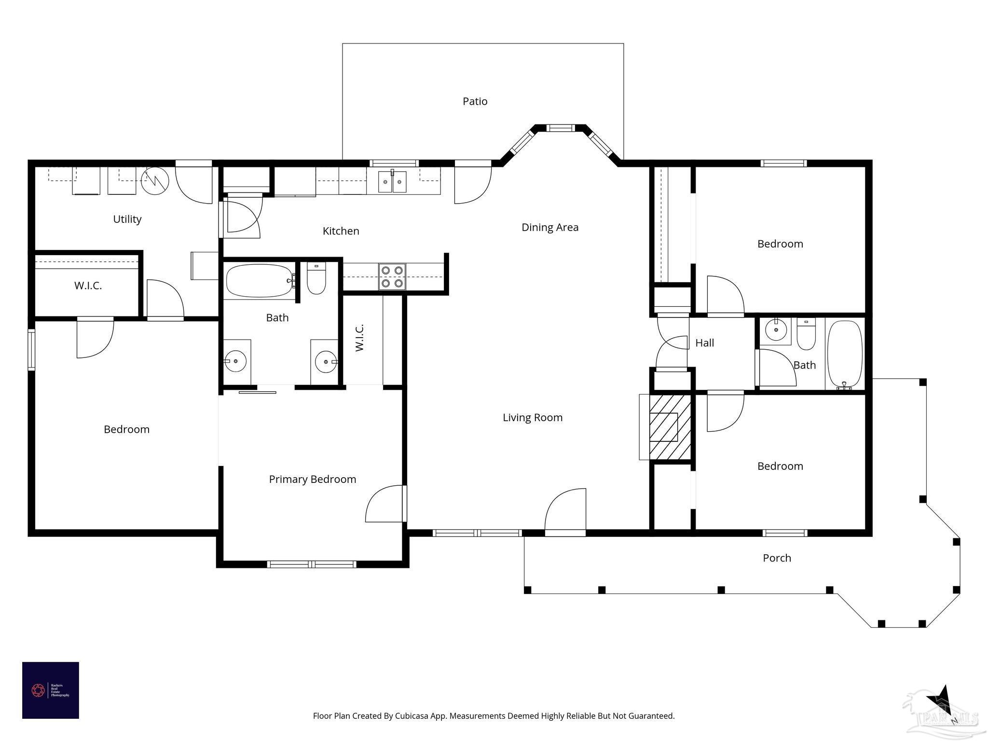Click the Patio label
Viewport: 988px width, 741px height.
475,101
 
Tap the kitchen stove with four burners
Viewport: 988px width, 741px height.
392,276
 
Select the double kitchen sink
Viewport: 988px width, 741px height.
392,182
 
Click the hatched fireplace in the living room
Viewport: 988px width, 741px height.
669,427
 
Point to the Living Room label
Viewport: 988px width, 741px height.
532,418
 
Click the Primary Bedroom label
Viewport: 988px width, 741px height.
312,480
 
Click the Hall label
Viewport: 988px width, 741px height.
704,343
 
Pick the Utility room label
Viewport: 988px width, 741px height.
127,219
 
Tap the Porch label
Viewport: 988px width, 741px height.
777,558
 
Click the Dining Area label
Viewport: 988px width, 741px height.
549,227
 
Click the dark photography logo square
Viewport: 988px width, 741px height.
51,690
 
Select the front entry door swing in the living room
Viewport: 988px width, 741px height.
565,511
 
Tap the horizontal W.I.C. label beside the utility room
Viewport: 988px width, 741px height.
88,286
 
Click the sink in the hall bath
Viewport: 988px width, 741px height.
776,330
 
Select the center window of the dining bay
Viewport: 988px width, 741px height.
560,128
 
